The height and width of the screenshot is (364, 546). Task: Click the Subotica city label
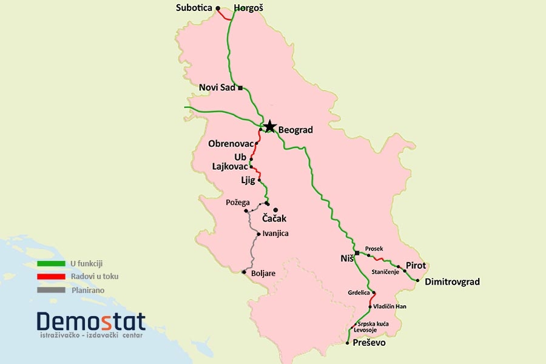coord(194,8)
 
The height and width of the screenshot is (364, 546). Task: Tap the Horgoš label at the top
coord(249,8)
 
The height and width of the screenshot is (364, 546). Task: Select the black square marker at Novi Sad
coord(240,88)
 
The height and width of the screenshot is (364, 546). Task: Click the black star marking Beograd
coord(269,127)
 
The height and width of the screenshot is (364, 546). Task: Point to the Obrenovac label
coord(231,144)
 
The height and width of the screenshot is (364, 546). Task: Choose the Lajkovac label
coord(231,166)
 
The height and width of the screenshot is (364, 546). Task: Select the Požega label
coord(237,202)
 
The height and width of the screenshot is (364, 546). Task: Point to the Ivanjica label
coord(276,234)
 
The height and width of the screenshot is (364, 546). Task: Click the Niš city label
coord(346,258)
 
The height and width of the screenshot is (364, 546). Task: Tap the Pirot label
coord(416,266)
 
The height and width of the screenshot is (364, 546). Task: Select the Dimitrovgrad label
coord(452,281)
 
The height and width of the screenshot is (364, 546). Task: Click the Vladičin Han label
coord(389,306)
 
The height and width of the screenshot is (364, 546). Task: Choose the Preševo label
coord(369,343)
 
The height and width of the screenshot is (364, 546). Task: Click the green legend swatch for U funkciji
coord(51,264)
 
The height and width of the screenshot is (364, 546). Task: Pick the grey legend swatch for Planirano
coord(51,290)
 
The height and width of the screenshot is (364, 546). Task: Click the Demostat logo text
coord(91,321)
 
